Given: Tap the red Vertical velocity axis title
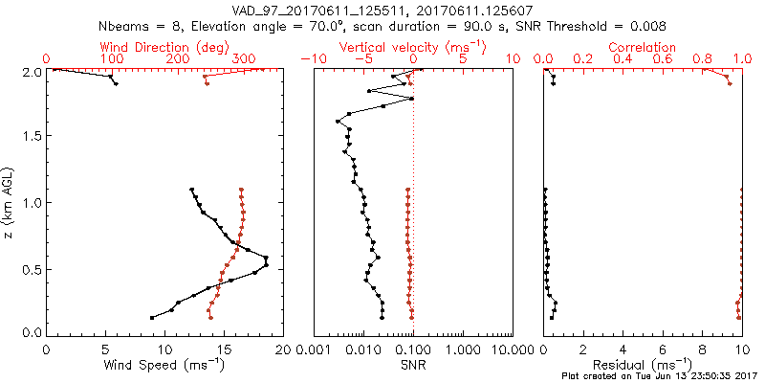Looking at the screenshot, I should coord(413,47).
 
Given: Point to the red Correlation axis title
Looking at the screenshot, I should coord(643,47).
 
